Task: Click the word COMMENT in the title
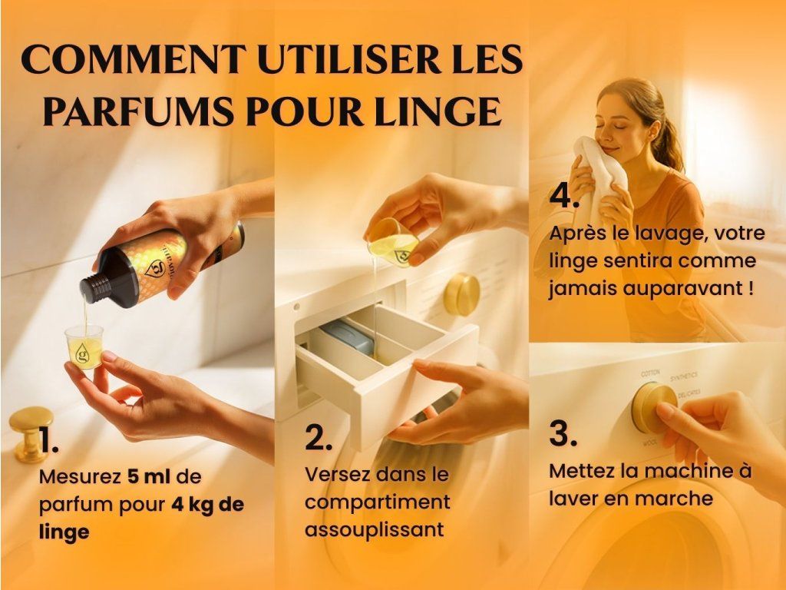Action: point(134,59)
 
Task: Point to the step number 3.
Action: point(563,433)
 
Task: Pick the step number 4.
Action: point(564,195)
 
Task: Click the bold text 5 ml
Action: point(148,476)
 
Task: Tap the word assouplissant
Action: point(375,529)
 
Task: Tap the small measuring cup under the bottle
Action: point(84,346)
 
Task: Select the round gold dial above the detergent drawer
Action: point(461,294)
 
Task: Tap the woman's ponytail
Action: point(671,140)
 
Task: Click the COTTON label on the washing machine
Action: point(651,373)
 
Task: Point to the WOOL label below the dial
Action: point(650,443)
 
